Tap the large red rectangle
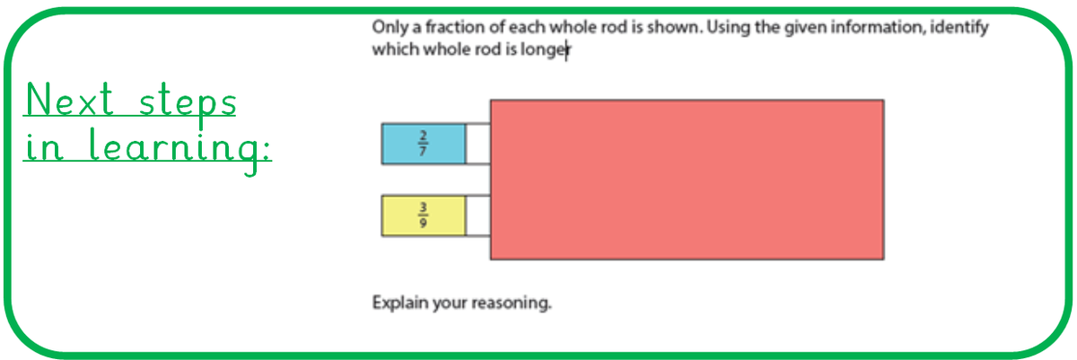[x=687, y=180]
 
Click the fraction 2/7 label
[x=423, y=143]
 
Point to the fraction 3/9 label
[x=423, y=215]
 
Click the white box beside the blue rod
[x=477, y=144]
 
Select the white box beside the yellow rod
[x=477, y=215]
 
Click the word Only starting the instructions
[x=389, y=27]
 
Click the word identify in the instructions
[x=959, y=28]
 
